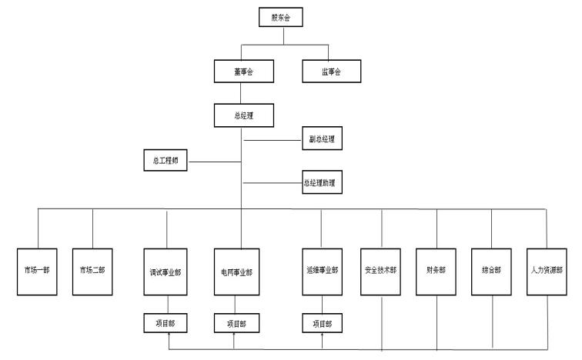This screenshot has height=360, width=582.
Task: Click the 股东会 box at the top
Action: tap(281, 17)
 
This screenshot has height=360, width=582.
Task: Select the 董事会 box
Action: tap(242, 71)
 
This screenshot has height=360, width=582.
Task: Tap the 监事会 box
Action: tap(330, 71)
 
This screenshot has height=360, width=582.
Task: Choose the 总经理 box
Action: tap(242, 116)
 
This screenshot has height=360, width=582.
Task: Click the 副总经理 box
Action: tap(321, 140)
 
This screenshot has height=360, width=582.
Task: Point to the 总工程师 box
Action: tap(166, 162)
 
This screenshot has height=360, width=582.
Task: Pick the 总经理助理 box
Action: tap(320, 184)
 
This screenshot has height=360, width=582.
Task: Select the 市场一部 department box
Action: tap(37, 271)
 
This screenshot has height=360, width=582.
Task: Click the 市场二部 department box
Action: tap(92, 271)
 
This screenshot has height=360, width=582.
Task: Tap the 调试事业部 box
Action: tap(167, 272)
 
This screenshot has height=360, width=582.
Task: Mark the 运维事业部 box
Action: tap(322, 271)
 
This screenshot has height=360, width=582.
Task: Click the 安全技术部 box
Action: tap(381, 271)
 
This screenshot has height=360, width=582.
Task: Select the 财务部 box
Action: tap(436, 271)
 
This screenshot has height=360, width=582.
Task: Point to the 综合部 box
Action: tap(492, 271)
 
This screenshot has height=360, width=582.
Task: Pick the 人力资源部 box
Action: tap(547, 271)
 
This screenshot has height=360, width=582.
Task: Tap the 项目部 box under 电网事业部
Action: tap(236, 324)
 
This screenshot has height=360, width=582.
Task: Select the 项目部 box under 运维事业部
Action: tap(322, 324)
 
